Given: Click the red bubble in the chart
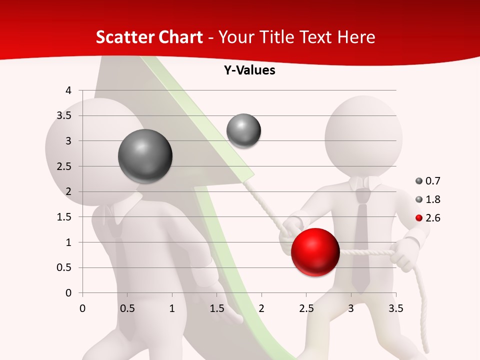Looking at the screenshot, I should coord(315,252).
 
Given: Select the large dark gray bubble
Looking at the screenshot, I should coord(145,156).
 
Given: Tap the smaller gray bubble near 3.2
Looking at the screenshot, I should coord(243,130).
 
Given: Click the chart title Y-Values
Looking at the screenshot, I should coord(249,70).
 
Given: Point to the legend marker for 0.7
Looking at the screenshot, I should coord(419,181).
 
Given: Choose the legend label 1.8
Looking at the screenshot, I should coord(433,199).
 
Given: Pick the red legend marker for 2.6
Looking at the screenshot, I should coord(419,218).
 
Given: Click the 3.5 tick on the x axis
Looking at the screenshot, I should coord(396,308).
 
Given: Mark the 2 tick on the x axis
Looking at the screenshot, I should coord(261,308).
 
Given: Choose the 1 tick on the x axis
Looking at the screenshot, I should coord(172,308).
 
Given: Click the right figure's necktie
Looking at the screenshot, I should coord(361,240).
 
